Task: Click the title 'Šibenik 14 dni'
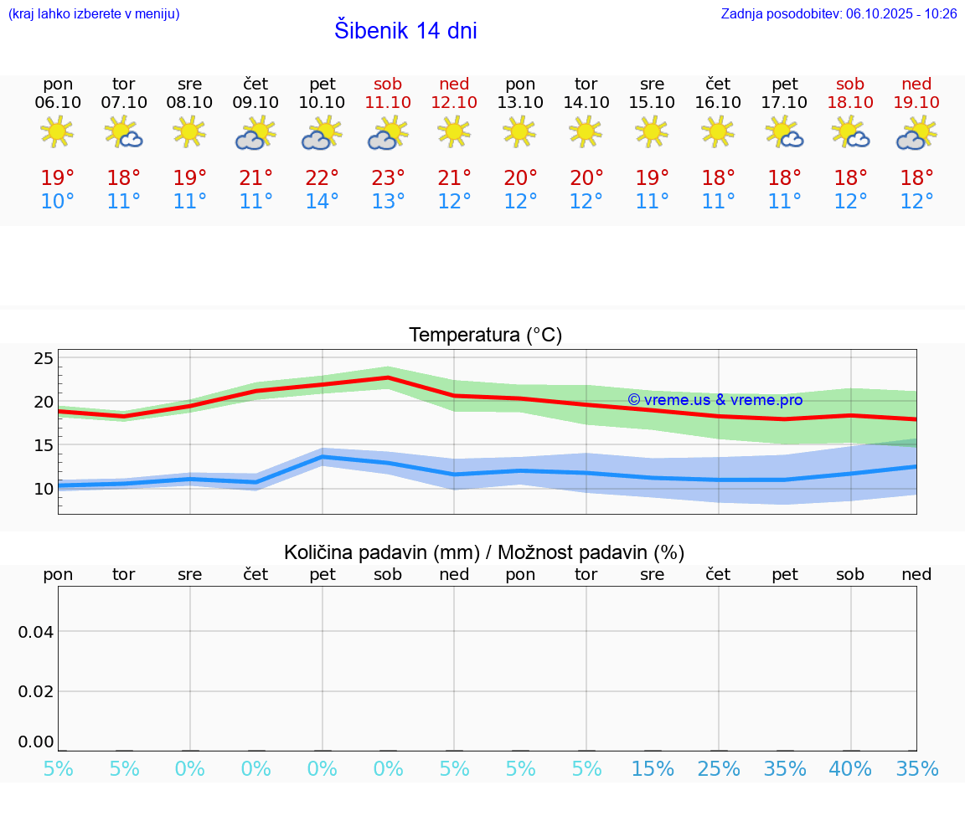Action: [405, 31]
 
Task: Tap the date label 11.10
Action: [388, 103]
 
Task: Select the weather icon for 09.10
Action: [255, 134]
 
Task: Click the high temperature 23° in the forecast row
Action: [388, 178]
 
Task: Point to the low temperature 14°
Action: [323, 202]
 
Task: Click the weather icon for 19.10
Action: [916, 134]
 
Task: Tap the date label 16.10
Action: [718, 103]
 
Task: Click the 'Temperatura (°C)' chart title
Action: [485, 336]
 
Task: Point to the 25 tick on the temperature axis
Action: [44, 359]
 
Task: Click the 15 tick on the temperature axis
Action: [44, 446]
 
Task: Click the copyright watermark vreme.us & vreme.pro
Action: [715, 400]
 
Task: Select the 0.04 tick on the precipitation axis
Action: [36, 632]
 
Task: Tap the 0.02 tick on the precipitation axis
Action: [36, 691]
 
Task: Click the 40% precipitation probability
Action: [850, 769]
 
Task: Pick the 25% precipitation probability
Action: [718, 769]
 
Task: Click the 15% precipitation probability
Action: [653, 769]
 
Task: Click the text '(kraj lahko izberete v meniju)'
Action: [94, 14]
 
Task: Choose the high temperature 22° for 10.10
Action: [323, 178]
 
